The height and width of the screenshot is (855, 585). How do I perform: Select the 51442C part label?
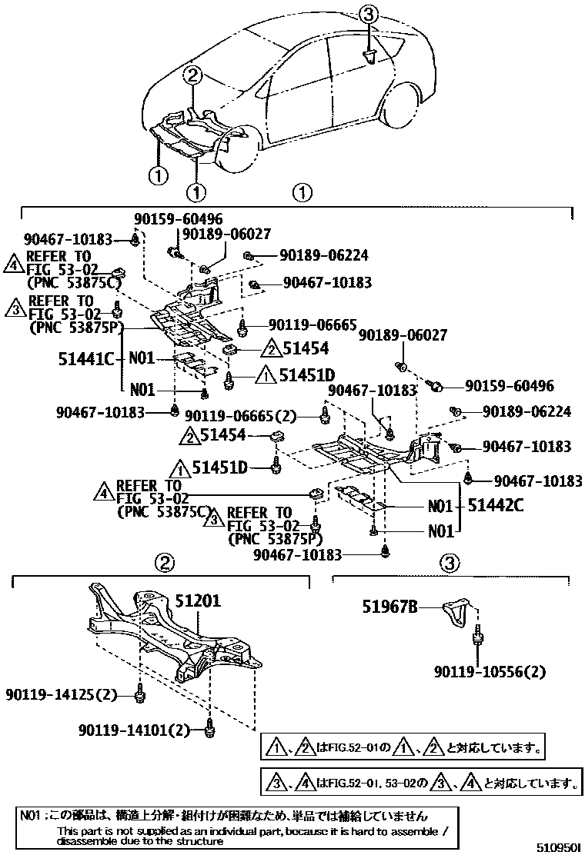click(497, 507)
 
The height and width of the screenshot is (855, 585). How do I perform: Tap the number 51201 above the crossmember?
click(197, 600)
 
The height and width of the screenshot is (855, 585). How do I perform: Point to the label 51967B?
click(389, 607)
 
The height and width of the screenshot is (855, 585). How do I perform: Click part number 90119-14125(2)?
click(60, 696)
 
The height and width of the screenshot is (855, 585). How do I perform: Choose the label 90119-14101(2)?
click(134, 729)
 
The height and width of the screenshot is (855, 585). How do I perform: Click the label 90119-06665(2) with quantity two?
click(251, 417)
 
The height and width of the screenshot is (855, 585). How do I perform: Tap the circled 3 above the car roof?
click(369, 13)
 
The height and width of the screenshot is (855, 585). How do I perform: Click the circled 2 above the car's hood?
click(193, 75)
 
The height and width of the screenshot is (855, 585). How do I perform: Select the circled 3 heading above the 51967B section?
click(450, 564)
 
